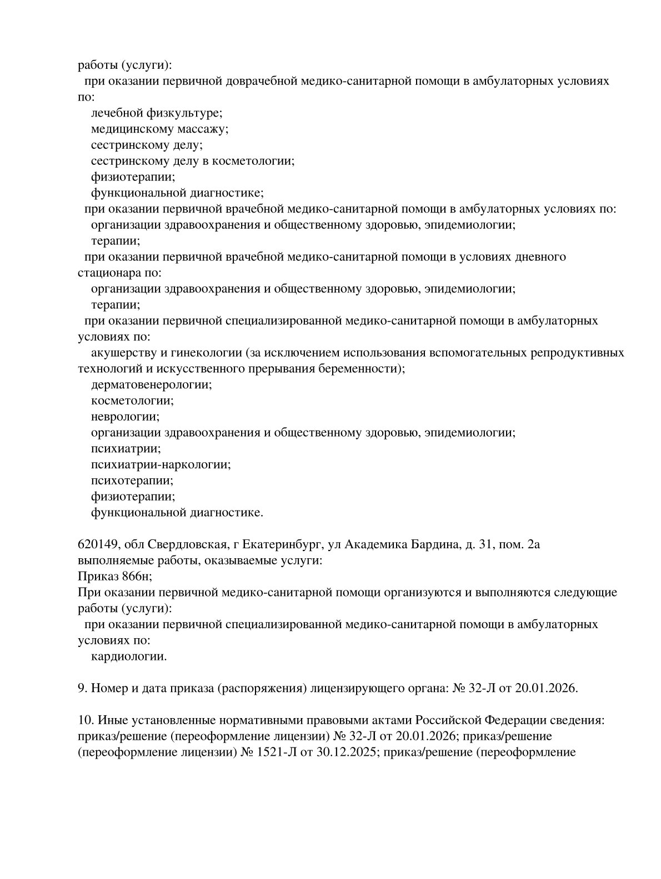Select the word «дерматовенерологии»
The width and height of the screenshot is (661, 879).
pyautogui.click(x=151, y=385)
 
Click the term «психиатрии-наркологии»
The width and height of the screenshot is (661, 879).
pyautogui.click(x=161, y=464)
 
